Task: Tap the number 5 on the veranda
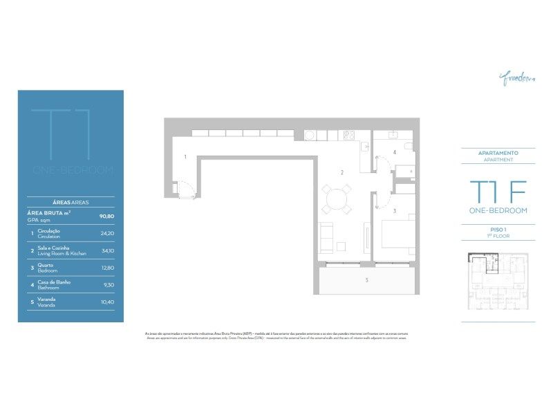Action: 367,280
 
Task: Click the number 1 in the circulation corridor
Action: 185,158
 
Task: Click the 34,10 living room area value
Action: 107,251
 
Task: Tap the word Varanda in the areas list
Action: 46,299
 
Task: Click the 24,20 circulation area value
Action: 107,234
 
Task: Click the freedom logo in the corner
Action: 517,77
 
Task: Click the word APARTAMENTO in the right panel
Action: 498,153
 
